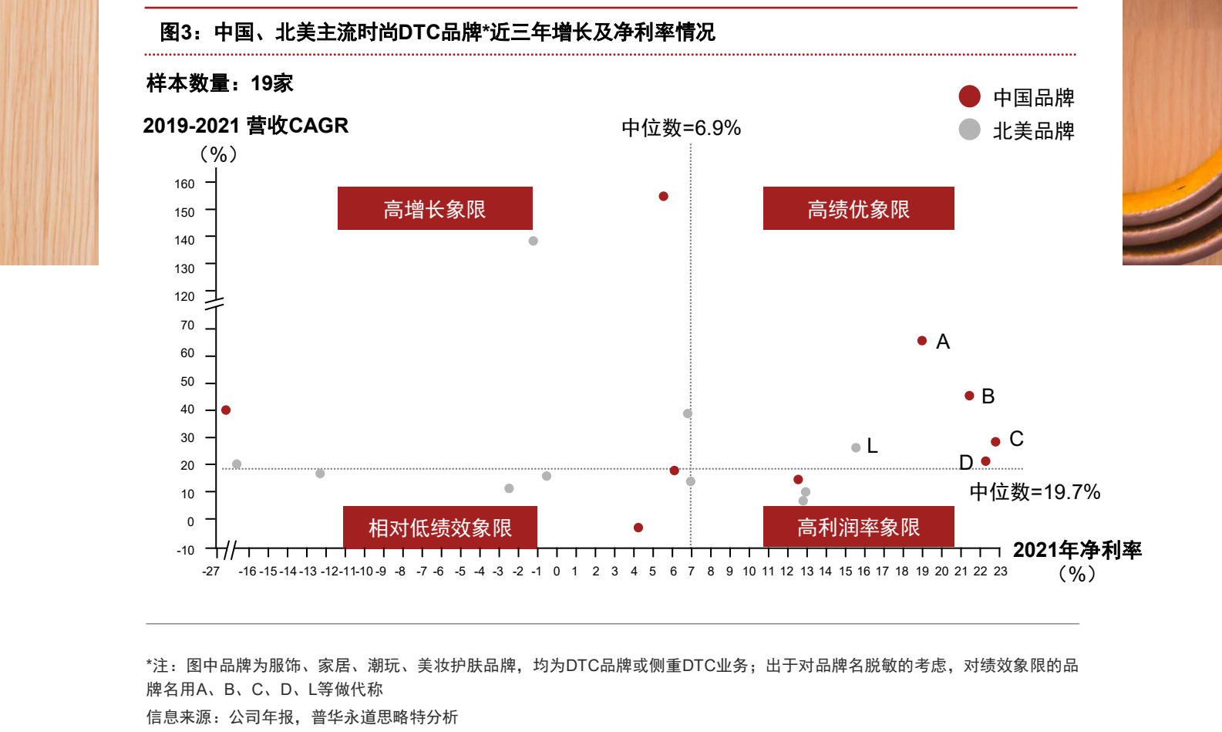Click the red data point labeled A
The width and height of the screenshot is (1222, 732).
click(x=922, y=341)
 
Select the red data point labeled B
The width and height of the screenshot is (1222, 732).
click(x=969, y=396)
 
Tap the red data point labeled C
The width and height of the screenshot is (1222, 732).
click(x=995, y=442)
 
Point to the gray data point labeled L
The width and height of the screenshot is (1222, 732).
click(x=856, y=448)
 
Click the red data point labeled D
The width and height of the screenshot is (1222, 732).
click(x=985, y=461)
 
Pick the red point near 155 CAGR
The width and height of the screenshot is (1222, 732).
click(x=663, y=197)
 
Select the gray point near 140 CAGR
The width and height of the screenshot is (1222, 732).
click(x=534, y=241)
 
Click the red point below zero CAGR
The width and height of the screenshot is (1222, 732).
click(x=638, y=528)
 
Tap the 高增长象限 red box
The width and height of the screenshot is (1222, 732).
click(x=435, y=208)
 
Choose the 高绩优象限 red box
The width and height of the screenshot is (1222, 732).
click(x=858, y=208)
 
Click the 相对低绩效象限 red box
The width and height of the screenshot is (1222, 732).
click(x=439, y=528)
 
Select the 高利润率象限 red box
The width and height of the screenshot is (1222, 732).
click(x=858, y=527)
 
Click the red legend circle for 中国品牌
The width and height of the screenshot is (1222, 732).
click(x=969, y=96)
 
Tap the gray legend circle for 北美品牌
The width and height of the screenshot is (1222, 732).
click(x=969, y=130)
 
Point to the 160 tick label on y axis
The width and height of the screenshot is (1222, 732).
click(x=184, y=184)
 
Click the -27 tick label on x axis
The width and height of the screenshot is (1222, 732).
click(x=210, y=572)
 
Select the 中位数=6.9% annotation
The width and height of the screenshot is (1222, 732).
click(x=681, y=128)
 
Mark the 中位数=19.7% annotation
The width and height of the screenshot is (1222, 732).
click(x=1034, y=492)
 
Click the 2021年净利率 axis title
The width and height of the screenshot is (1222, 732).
click(x=1076, y=550)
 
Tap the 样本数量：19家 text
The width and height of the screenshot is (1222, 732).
click(x=220, y=83)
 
